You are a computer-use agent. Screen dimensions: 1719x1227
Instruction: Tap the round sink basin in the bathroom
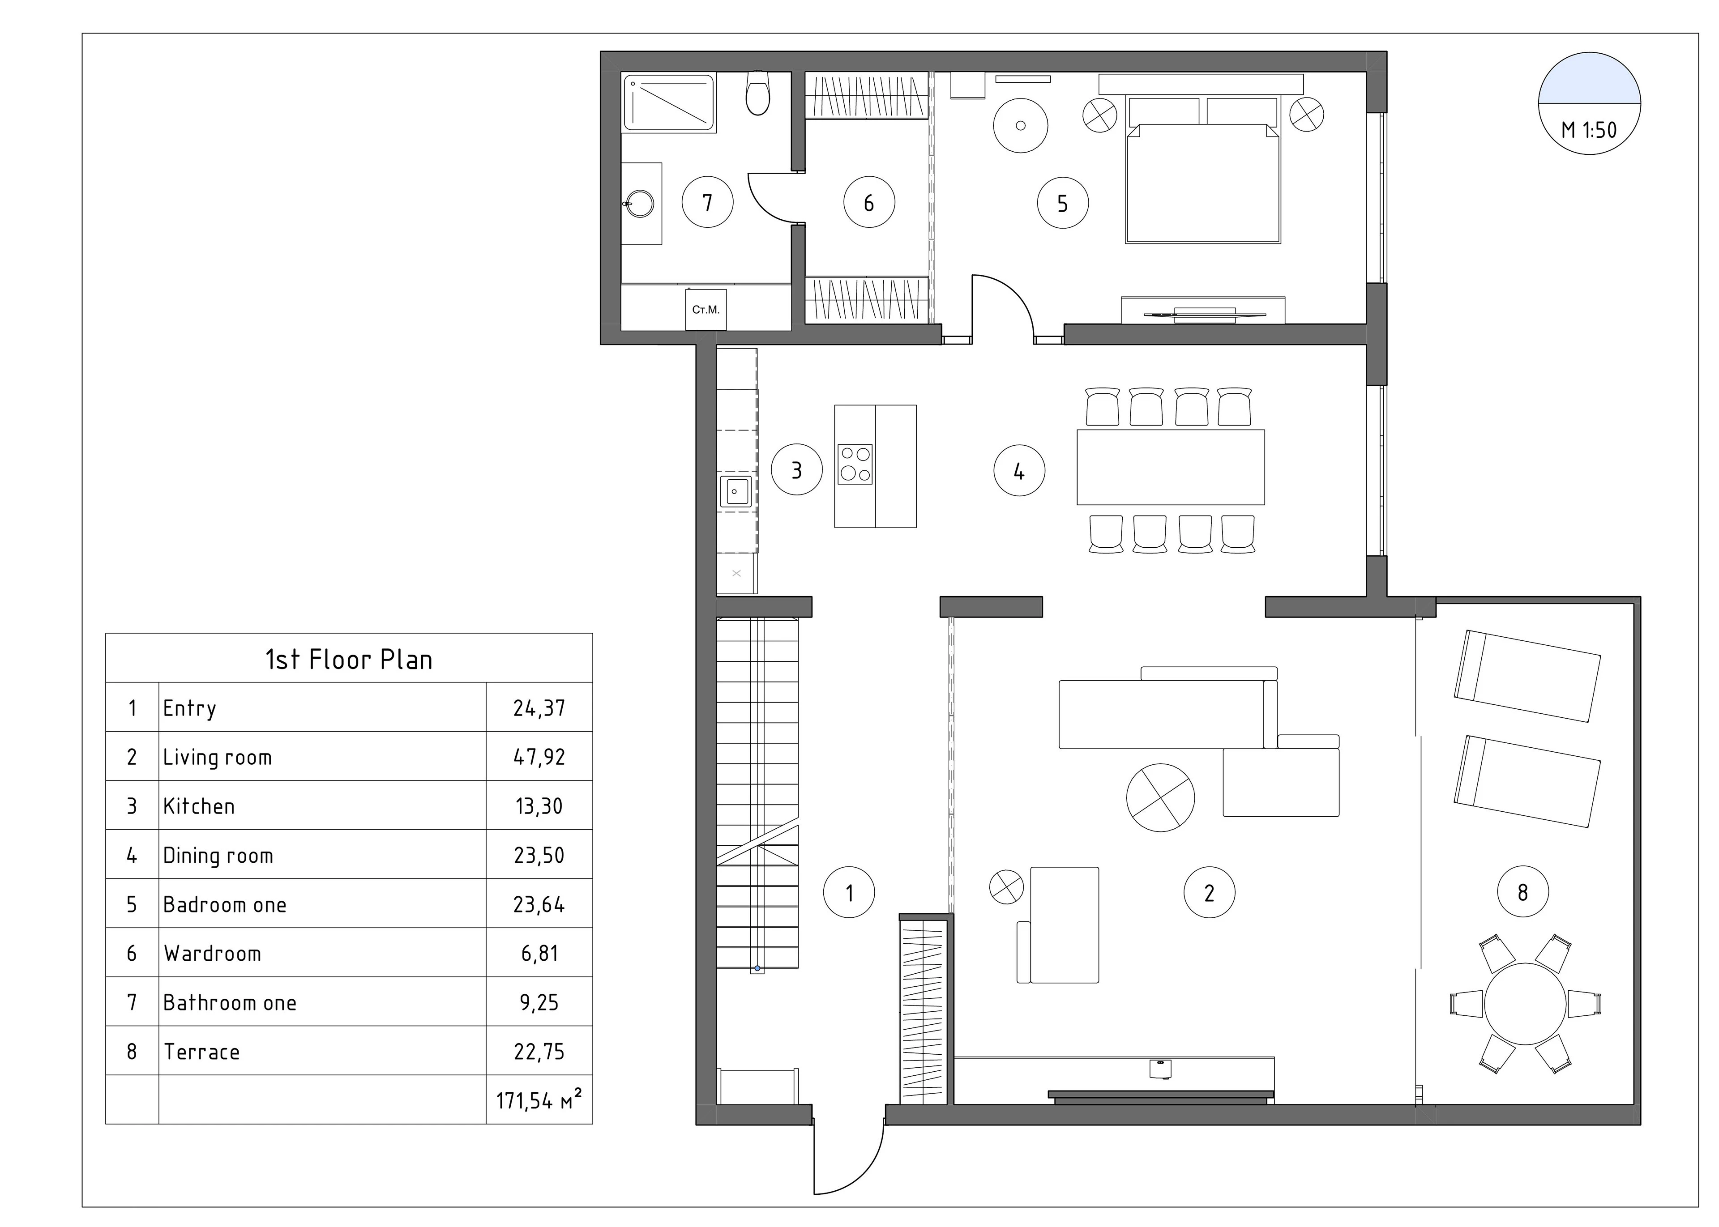coord(640,204)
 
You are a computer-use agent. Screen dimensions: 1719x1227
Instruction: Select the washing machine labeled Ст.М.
coord(706,310)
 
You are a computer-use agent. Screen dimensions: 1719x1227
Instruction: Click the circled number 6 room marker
coord(869,202)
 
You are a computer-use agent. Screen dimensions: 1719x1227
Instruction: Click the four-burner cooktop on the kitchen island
coord(855,464)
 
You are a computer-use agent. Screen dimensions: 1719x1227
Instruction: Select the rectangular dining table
coord(1171,467)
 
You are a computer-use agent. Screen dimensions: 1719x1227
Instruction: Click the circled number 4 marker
coord(1019,471)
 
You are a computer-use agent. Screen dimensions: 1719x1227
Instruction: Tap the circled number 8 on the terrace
coord(1522,892)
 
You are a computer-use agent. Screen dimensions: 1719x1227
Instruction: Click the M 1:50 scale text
coord(1589,130)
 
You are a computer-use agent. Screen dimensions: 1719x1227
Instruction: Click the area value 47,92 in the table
coord(539,757)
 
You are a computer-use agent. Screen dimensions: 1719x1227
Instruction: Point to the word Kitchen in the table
coord(199,806)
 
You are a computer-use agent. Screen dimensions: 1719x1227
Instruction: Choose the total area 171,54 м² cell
coord(539,1100)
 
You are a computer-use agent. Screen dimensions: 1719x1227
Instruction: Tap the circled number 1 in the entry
coord(849,892)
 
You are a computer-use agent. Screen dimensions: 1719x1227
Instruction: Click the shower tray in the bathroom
coord(669,103)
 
